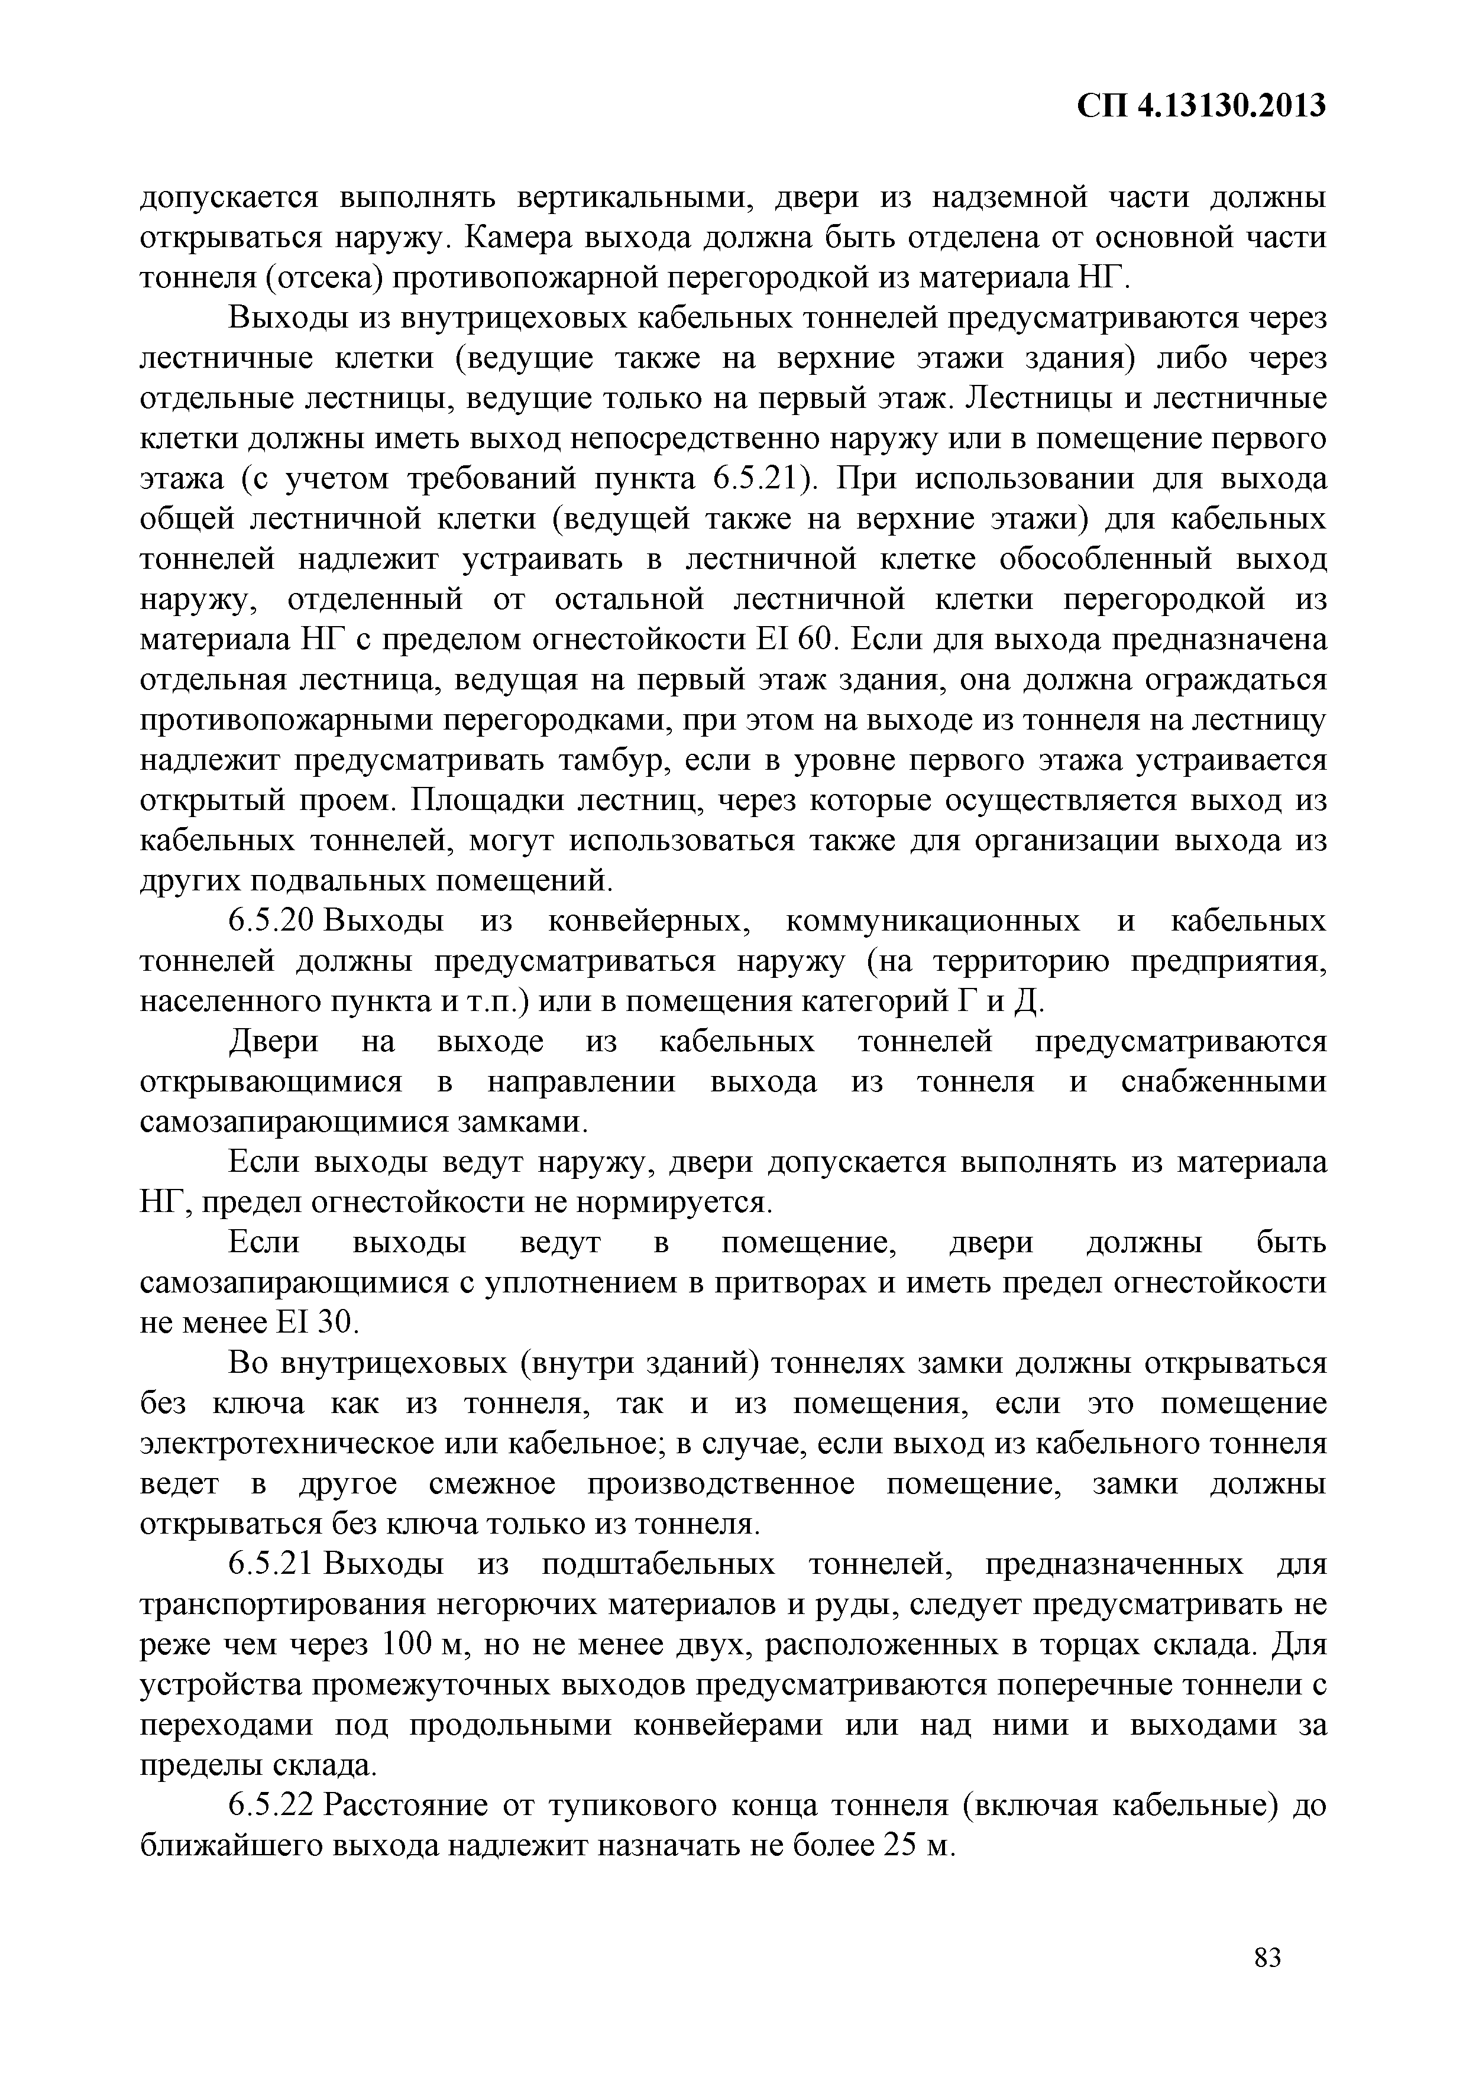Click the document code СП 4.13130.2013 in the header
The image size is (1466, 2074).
pos(1201,106)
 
